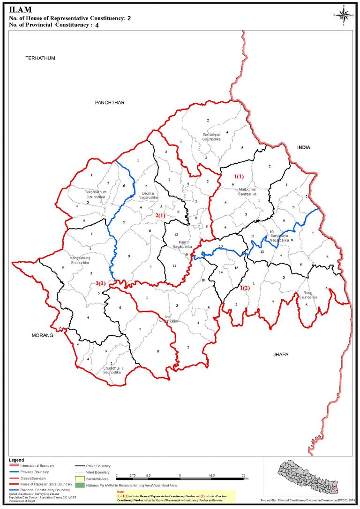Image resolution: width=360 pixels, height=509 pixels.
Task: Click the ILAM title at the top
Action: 18,9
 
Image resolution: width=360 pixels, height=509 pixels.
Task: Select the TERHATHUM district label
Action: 41,58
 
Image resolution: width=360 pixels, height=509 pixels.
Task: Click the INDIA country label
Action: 304,147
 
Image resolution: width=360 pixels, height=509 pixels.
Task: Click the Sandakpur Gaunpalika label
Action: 211,137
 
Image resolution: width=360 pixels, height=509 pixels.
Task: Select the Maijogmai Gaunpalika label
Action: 247,191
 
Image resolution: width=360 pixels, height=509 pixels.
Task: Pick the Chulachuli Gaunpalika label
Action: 112,371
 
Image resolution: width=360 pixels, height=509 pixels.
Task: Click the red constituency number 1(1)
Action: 239,176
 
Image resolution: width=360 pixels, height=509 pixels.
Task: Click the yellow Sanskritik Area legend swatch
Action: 79,479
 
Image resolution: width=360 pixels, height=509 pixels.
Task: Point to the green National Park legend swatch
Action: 79,485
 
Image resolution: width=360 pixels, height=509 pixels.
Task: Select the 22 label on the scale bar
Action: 243,475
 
